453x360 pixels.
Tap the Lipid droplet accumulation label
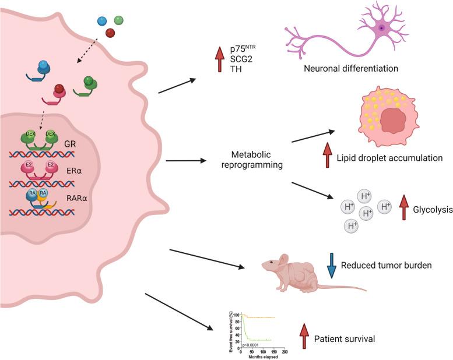click(390, 158)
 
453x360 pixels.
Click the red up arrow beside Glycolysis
click(403, 209)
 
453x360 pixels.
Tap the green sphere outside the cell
click(119, 20)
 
